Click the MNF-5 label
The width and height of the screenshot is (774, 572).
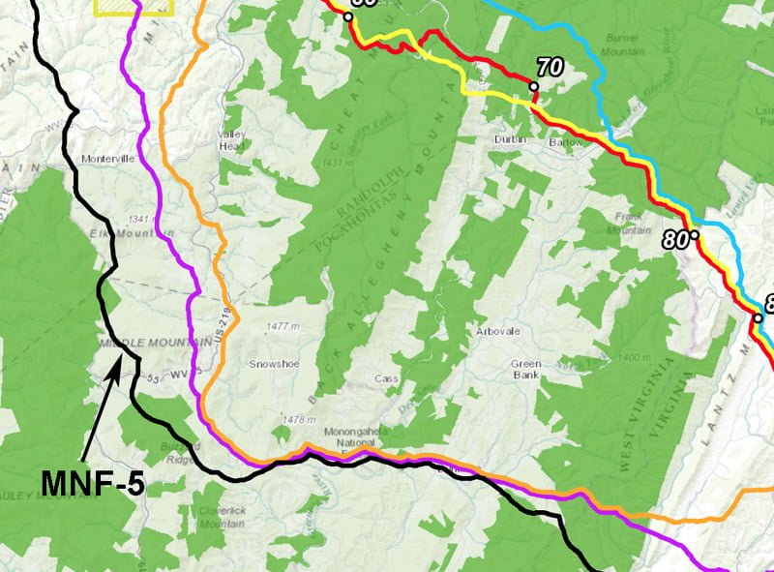93,481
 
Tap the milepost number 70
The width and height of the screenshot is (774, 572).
549,67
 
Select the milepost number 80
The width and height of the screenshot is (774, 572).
679,238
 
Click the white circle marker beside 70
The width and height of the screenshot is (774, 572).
533,87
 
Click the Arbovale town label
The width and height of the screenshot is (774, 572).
498,331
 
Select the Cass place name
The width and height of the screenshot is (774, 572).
386,379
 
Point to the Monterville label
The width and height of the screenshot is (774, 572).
105,159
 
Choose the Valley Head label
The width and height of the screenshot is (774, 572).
233,140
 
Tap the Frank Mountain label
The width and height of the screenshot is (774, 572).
630,224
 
